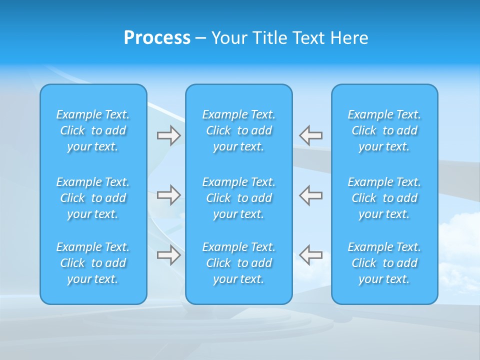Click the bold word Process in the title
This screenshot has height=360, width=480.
click(x=157, y=38)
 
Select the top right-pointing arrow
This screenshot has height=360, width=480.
click(x=169, y=135)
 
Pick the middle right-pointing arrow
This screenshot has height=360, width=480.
click(x=169, y=195)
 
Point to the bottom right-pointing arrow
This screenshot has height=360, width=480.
click(x=169, y=255)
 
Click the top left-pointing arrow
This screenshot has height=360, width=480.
click(x=310, y=135)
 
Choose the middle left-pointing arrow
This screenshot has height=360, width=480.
click(x=310, y=195)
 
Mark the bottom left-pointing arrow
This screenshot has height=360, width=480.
click(x=310, y=254)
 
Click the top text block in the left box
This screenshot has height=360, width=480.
click(x=93, y=130)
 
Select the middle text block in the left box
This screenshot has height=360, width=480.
click(x=93, y=198)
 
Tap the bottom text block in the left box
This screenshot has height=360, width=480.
click(x=93, y=263)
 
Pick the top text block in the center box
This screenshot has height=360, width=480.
click(x=239, y=130)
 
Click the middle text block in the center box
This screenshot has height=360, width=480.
click(x=239, y=198)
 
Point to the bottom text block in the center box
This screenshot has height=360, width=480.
click(x=239, y=263)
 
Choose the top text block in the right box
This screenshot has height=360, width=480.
click(x=384, y=130)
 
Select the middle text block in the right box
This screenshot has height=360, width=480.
click(x=384, y=198)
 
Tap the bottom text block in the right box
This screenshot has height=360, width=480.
click(x=384, y=263)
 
